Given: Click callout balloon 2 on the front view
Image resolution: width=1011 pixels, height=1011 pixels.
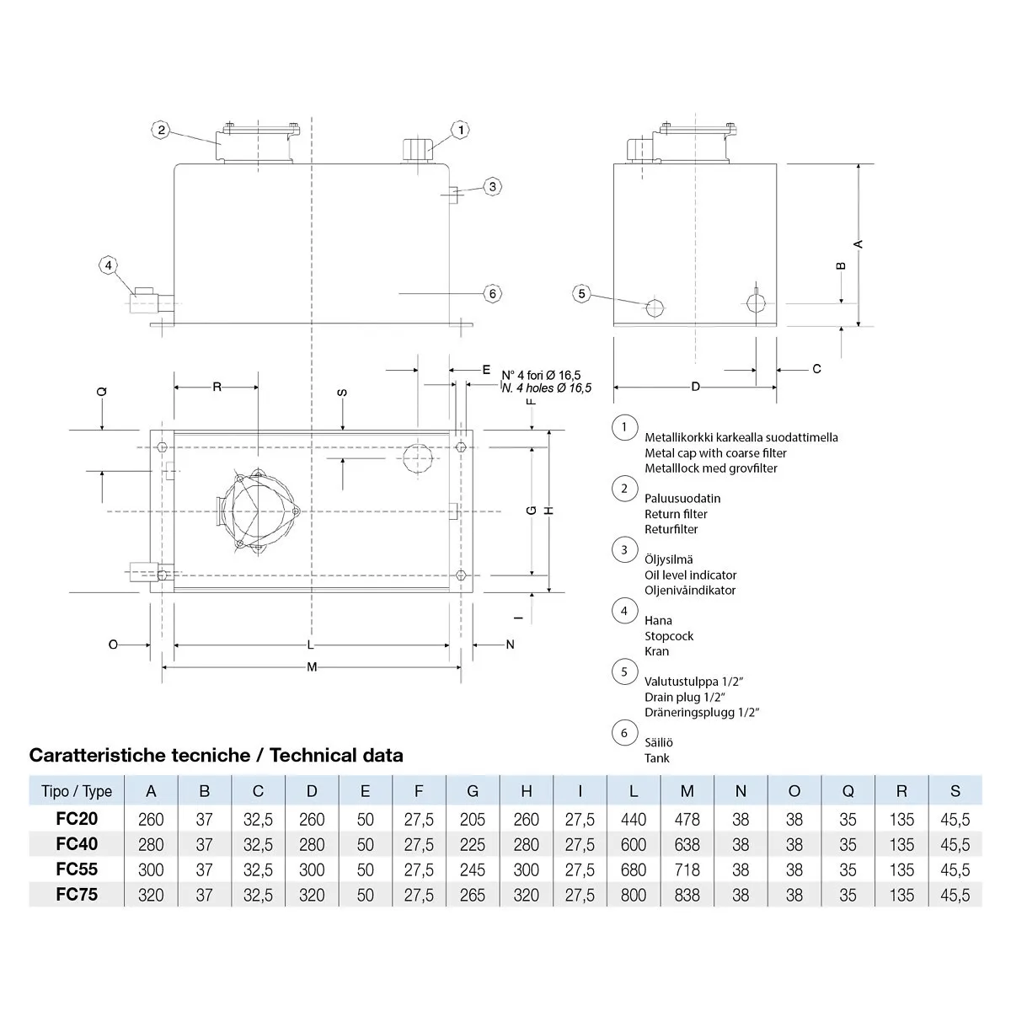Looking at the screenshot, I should [162, 130].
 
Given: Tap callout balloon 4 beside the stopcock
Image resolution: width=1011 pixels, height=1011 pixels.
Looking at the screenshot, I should [107, 266].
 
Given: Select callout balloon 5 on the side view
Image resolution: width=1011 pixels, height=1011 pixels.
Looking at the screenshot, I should [582, 294].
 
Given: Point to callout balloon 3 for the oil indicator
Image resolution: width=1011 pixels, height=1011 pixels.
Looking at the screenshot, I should [493, 186].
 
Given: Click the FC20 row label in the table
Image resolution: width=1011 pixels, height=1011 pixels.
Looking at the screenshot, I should [77, 819].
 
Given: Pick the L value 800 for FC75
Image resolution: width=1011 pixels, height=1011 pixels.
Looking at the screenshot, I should [634, 895].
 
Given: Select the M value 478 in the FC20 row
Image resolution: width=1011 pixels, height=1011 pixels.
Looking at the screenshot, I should [687, 819].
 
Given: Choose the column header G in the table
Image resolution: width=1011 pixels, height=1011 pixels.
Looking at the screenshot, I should [473, 791].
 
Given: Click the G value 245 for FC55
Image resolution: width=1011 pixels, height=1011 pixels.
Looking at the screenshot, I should [473, 869].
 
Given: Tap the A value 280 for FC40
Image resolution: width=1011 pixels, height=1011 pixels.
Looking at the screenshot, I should [151, 844].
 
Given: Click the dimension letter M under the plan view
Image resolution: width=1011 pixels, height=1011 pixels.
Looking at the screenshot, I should [312, 667].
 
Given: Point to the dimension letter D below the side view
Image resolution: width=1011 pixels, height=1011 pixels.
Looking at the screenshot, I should [695, 387].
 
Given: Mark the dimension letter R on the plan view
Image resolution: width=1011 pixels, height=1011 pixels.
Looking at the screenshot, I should [217, 387].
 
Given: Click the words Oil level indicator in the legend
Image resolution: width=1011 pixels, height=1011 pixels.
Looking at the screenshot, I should [690, 575].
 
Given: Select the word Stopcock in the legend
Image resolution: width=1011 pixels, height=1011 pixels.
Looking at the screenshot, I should [669, 636].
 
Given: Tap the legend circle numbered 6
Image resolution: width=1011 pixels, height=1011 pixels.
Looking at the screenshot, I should [624, 733].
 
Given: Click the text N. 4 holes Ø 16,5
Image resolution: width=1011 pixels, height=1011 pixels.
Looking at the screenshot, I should [547, 388].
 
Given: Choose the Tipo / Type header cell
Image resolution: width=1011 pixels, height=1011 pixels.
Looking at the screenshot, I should [77, 791].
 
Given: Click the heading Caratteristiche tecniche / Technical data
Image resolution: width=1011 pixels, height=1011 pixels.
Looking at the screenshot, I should [217, 755].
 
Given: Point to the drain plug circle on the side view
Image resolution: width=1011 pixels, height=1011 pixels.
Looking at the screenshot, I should [654, 308].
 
